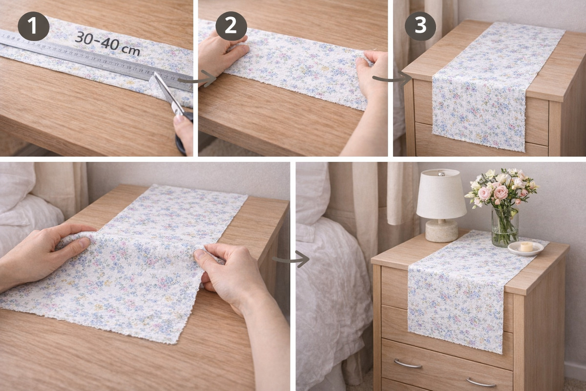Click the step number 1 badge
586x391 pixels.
34,26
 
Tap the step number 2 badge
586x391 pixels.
231,26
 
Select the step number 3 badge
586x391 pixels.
420,26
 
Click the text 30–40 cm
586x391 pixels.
107,43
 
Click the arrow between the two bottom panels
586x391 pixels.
291,259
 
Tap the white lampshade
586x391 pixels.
441,194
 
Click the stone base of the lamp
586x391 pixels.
441,231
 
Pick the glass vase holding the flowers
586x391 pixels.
505,226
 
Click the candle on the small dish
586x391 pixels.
526,247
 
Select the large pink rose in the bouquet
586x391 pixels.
501,193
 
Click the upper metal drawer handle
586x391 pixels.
408,364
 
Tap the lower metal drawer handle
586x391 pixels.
481,382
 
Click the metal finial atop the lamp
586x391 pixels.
441,173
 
